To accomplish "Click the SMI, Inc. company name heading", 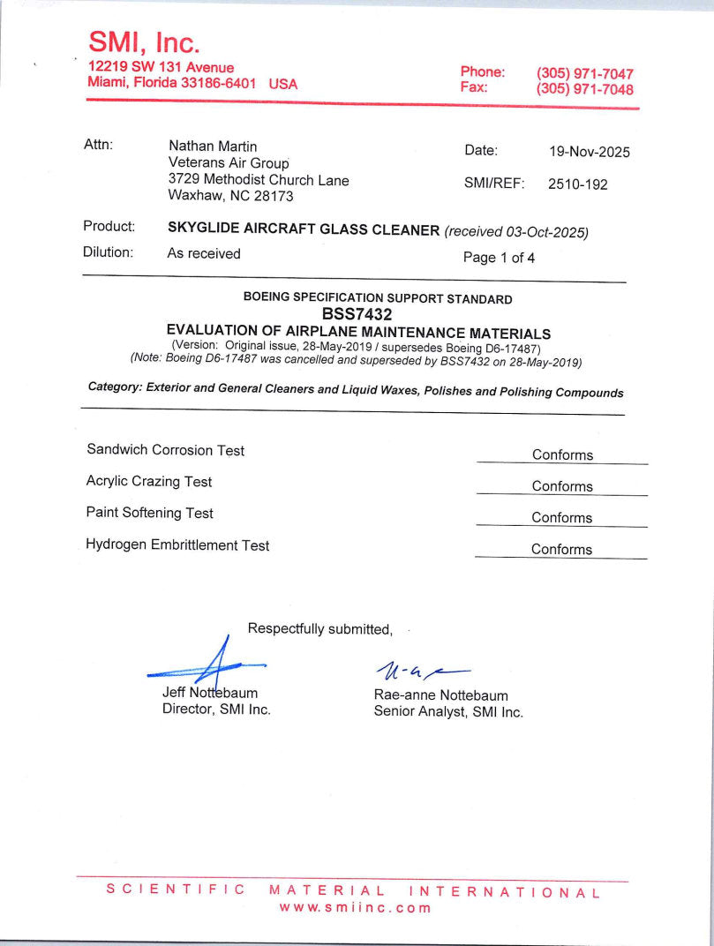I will coord(144,41).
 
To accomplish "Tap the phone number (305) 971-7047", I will coord(584,73).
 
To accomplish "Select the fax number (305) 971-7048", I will coord(584,89).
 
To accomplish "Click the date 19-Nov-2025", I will coord(590,152).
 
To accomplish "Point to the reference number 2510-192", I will coord(577,184).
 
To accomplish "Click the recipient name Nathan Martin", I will coord(213,146).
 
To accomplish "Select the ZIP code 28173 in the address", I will coord(274,197).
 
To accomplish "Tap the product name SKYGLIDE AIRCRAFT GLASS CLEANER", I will coord(304,230).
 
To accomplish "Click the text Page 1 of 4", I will coord(499,259).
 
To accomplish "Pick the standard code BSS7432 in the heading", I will coord(357,313).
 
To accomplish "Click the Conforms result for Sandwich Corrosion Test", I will coord(562,455).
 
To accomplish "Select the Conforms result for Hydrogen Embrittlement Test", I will coord(561,550).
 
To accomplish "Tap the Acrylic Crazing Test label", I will coord(149,482).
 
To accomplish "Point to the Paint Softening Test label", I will coord(150,513).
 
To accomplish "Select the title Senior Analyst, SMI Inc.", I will coord(448,712).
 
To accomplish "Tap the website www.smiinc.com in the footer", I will coord(356,908).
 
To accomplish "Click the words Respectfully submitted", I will coord(319,629).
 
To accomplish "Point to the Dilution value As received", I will coord(204,253).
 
